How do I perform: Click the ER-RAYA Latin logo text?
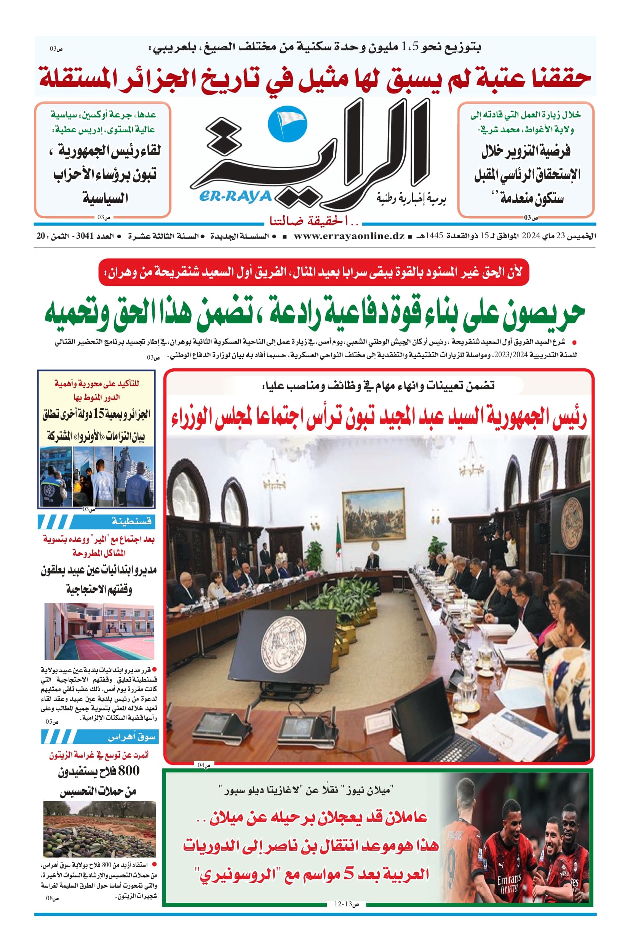tap(235, 197)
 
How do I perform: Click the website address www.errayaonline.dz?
tap(349, 236)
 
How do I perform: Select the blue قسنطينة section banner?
tap(96, 522)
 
